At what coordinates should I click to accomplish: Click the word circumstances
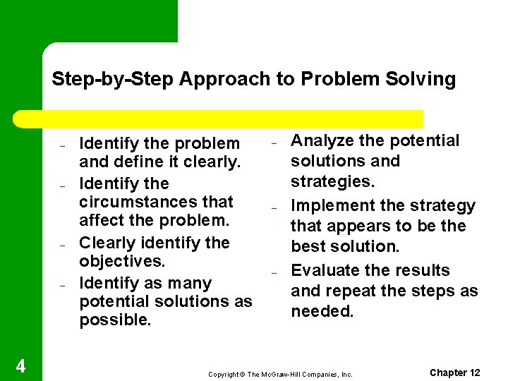pyautogui.click(x=156, y=202)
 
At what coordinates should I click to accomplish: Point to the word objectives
pyautogui.click(x=122, y=262)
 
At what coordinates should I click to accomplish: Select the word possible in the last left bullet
pyautogui.click(x=115, y=320)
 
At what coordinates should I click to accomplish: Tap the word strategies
pyautogui.click(x=333, y=182)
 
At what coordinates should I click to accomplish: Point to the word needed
pyautogui.click(x=322, y=311)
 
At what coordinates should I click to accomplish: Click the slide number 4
pyautogui.click(x=20, y=366)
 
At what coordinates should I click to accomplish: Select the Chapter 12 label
pyautogui.click(x=455, y=373)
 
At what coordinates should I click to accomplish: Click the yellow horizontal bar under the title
pyautogui.click(x=233, y=119)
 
